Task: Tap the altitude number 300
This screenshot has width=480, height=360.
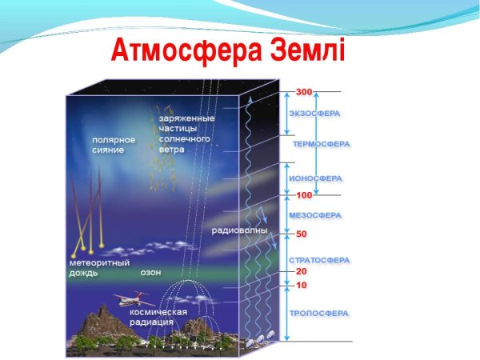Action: [303, 91]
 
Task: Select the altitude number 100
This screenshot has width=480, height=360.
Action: [304, 195]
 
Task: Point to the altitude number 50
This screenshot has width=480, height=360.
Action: [302, 234]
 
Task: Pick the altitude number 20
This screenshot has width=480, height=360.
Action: [302, 271]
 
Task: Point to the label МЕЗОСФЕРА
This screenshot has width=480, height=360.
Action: [314, 215]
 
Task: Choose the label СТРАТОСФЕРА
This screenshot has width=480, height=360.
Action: [318, 261]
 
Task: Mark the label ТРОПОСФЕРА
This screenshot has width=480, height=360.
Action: [318, 313]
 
